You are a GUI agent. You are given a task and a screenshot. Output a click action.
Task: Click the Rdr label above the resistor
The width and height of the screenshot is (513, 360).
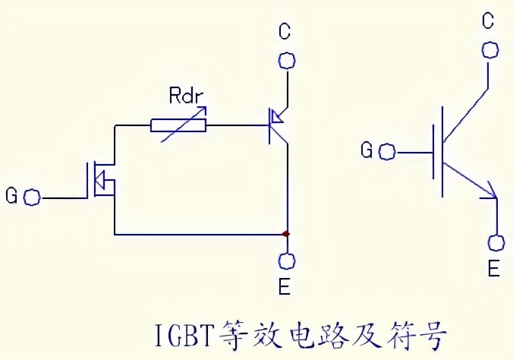187,97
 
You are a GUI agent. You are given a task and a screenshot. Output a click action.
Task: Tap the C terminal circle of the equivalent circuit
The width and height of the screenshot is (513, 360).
287,60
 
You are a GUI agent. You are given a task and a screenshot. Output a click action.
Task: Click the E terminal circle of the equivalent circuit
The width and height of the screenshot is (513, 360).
287,261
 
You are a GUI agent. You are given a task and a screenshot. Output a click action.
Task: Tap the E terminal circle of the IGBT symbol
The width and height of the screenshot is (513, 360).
496,243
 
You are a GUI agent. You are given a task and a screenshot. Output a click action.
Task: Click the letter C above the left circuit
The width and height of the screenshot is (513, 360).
285,32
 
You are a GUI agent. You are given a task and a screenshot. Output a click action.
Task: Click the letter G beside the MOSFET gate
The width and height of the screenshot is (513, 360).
11,197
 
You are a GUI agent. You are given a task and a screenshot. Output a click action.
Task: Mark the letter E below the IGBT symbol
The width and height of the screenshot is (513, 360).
493,270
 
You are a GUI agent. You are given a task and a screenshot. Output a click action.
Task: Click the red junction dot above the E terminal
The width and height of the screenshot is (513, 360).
286,233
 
